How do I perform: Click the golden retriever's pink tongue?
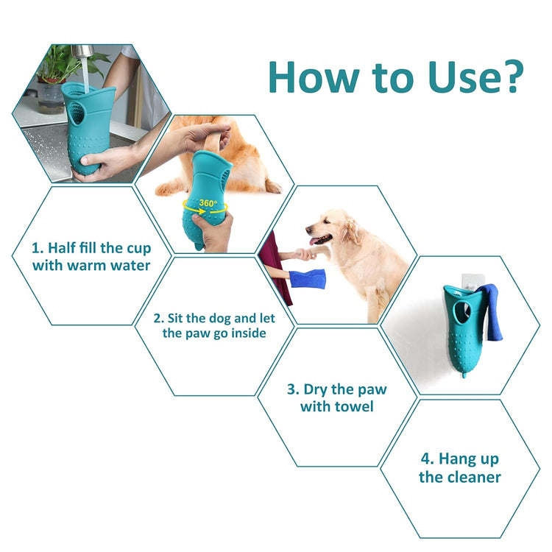pyautogui.click(x=317, y=240)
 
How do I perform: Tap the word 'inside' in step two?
pyautogui.click(x=245, y=333)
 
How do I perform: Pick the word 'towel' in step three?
pyautogui.click(x=353, y=406)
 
